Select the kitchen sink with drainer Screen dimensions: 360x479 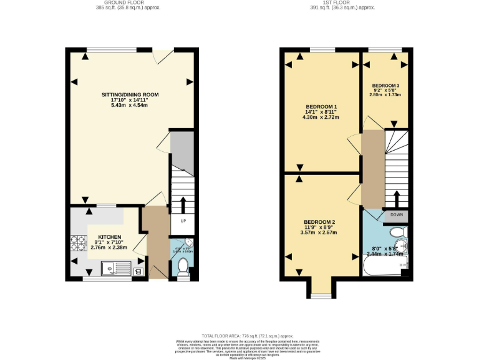[115, 270]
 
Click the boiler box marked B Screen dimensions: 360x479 [138, 271]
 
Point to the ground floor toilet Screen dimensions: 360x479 [182, 267]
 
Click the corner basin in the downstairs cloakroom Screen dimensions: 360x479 [189, 244]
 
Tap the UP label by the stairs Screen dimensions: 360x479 [183, 221]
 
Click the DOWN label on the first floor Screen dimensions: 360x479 [397, 214]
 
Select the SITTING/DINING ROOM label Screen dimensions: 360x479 [130, 95]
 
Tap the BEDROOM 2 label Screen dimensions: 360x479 [320, 222]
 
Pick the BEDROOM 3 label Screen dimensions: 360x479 [385, 85]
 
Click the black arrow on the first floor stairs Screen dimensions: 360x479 [397, 198]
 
